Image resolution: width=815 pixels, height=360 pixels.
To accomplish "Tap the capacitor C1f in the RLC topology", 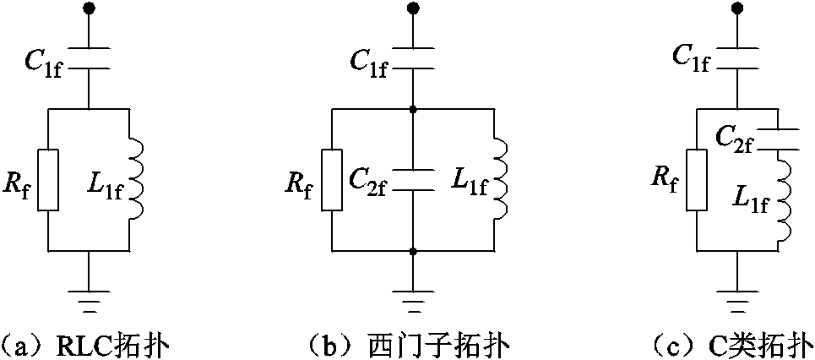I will [x=90, y=56].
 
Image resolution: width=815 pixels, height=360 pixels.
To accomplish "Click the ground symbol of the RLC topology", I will [x=90, y=295].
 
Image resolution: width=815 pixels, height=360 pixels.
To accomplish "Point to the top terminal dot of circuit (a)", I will [x=90, y=9].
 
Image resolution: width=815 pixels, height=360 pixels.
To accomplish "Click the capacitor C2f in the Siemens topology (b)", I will [x=413, y=180].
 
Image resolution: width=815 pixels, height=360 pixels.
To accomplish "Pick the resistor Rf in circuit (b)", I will [x=331, y=180].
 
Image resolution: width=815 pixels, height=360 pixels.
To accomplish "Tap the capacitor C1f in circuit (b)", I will [x=413, y=56].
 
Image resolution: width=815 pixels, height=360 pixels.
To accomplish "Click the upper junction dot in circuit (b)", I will [x=413, y=108].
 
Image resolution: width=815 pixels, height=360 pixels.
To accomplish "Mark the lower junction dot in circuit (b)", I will [x=413, y=251].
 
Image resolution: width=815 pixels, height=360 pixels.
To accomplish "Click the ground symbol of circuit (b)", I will [x=413, y=295].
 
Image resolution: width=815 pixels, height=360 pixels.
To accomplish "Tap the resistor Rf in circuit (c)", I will [x=697, y=180].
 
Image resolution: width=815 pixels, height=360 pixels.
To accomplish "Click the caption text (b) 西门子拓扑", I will [x=413, y=344].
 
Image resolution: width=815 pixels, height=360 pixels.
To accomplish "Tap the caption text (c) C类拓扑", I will [x=728, y=344].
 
